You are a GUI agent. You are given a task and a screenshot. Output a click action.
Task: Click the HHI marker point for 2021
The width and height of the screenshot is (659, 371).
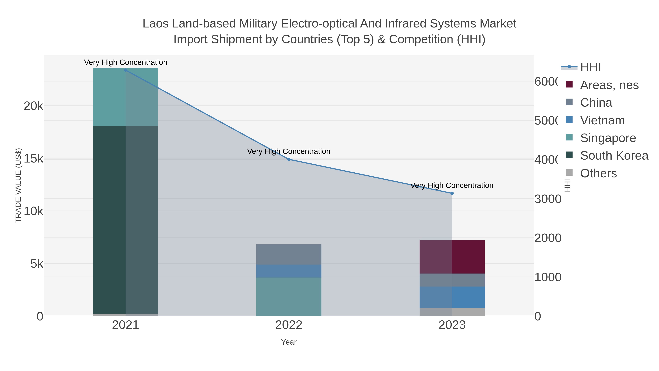(125, 70)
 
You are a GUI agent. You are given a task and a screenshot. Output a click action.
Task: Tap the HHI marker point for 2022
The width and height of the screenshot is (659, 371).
(288, 159)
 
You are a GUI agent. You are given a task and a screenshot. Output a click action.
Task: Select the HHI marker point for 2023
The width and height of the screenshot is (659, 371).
(452, 193)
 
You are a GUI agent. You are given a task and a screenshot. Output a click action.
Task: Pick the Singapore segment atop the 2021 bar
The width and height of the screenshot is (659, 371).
(125, 97)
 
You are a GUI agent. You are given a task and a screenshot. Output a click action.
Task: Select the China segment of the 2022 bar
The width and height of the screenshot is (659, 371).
(288, 254)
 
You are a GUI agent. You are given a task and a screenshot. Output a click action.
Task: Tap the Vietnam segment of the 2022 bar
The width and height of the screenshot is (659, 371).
(288, 271)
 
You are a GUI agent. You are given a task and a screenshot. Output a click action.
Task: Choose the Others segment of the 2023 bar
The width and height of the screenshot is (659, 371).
(452, 312)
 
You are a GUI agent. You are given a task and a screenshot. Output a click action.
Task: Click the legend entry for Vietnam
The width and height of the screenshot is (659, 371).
(602, 120)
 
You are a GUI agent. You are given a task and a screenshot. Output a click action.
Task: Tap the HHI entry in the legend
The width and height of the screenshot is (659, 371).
(590, 67)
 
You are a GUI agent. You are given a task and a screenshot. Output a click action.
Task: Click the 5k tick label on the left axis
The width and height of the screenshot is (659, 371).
(37, 263)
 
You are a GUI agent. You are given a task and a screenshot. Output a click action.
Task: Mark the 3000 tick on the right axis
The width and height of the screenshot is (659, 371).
(548, 199)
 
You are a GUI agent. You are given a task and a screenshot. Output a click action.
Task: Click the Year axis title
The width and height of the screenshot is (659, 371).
(288, 342)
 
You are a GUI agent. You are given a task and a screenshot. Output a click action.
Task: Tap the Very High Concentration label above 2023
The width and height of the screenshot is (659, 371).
(452, 185)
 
